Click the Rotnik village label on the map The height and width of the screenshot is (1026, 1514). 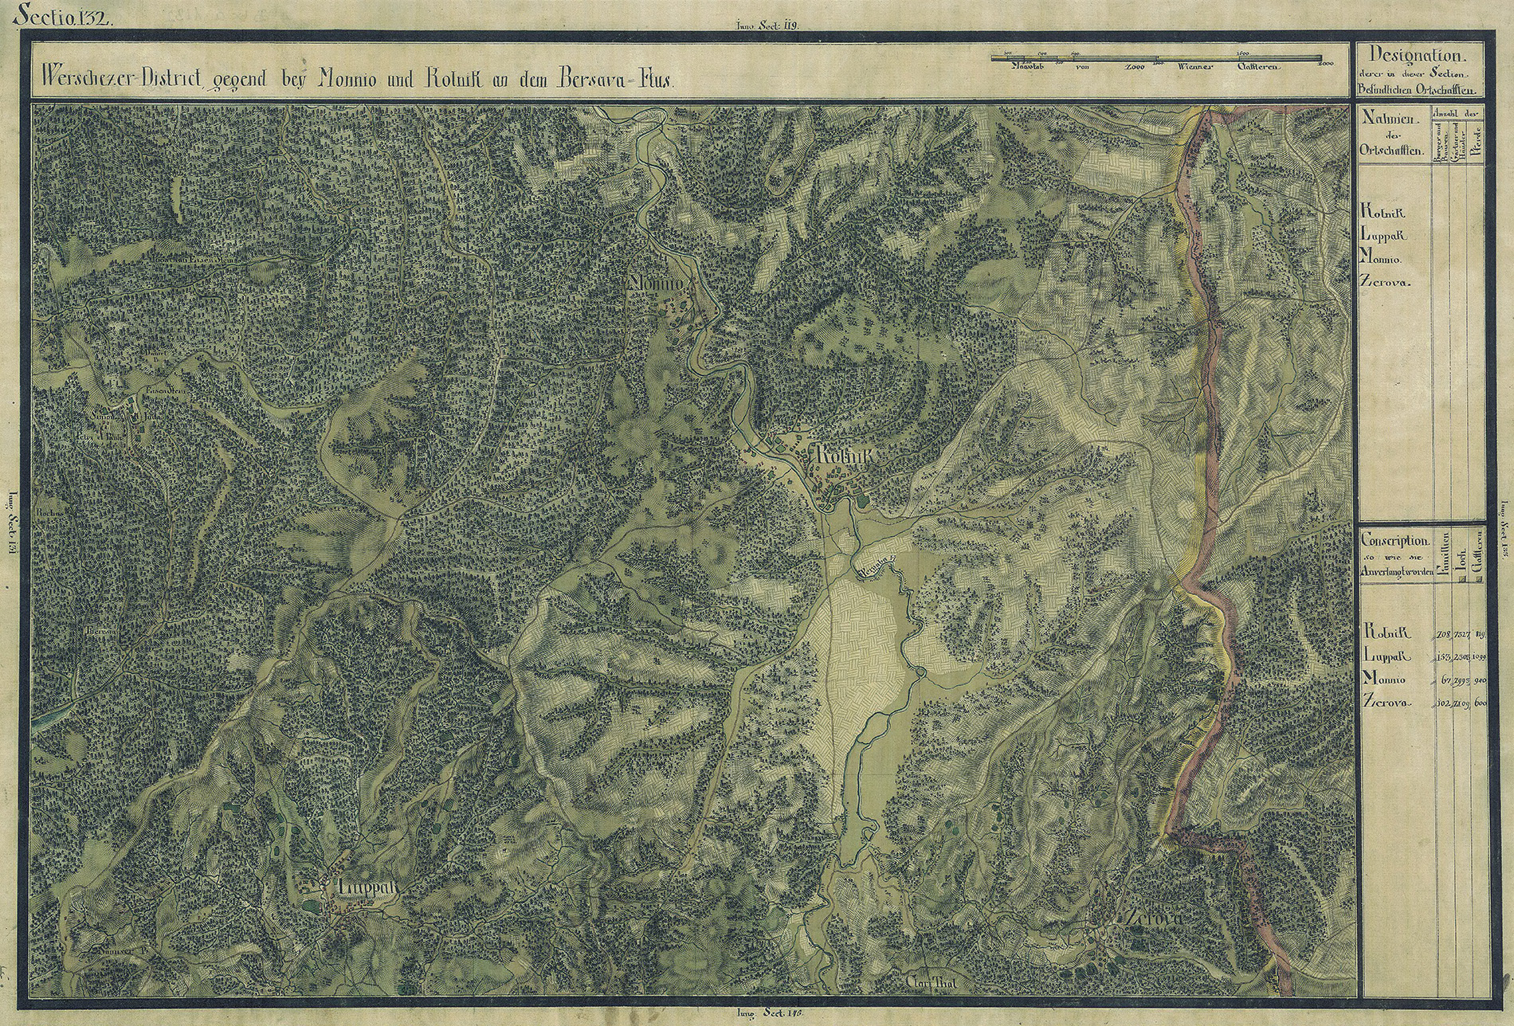(x=843, y=456)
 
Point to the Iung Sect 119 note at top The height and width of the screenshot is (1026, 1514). (x=763, y=25)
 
